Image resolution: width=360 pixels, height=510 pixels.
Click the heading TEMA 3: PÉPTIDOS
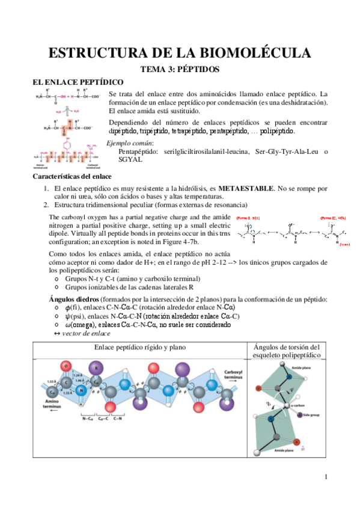pos(180,69)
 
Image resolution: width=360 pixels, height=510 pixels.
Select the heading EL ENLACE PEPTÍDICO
pos(78,81)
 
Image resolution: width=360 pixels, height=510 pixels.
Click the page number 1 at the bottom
pos(326,477)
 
